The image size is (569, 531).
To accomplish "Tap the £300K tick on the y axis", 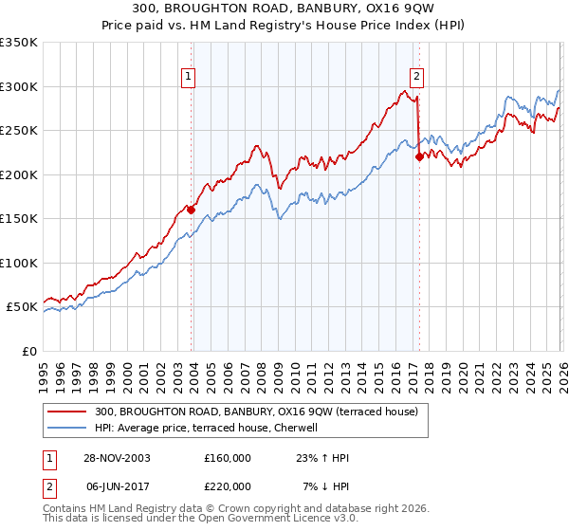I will point(19,86).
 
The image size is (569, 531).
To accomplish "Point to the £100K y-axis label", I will point(19,263).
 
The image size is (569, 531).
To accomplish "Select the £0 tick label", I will point(28,351).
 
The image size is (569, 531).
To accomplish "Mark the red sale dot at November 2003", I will point(192,210).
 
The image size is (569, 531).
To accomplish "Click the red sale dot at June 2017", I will point(418,157).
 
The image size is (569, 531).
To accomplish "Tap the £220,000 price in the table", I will point(228,486).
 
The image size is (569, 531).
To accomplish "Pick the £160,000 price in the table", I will point(228,458).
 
